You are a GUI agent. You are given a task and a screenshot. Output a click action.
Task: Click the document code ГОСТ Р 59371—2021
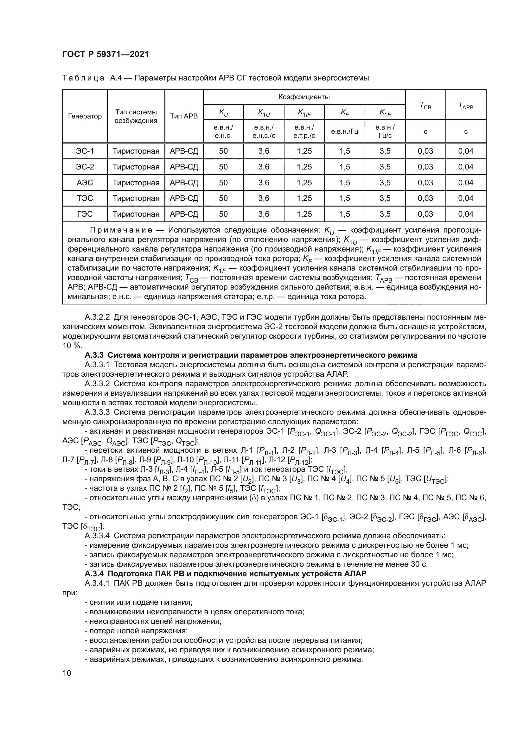105,54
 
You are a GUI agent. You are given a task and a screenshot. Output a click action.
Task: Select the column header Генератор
85,116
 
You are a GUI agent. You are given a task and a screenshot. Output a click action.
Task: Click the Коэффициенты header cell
304,97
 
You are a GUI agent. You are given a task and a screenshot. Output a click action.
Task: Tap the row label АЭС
85,183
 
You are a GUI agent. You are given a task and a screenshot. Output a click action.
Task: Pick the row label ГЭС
85,214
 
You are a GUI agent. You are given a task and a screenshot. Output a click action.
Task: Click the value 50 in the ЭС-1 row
223,151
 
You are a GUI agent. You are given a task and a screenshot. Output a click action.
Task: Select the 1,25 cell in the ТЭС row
304,198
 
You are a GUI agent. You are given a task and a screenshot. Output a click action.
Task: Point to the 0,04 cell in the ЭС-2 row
466,167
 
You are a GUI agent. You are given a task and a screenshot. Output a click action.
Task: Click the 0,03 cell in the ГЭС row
425,214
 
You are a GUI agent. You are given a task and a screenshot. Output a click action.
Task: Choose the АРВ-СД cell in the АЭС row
184,183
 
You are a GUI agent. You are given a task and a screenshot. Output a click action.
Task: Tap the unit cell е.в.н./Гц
345,131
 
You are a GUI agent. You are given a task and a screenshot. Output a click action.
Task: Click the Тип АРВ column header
184,116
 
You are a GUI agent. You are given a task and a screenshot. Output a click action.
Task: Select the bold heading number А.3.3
94,355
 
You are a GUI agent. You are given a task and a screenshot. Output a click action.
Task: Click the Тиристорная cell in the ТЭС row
136,198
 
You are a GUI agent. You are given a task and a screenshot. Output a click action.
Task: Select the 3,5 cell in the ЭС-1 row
385,151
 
